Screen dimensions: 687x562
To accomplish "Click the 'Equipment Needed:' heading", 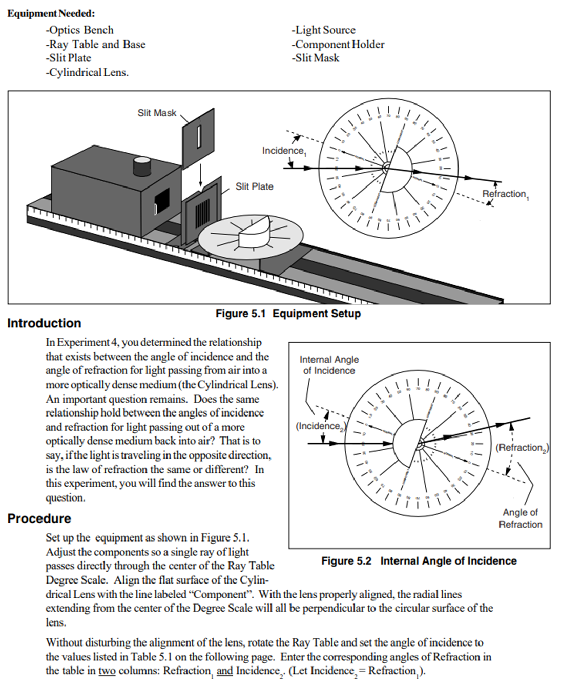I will click(x=51, y=14).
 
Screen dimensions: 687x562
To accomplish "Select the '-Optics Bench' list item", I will click(x=79, y=30).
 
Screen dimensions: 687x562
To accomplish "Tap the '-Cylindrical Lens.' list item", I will click(x=87, y=73).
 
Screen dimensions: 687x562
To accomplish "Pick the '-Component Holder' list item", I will click(x=338, y=45).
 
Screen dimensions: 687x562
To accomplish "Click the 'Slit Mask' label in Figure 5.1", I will click(x=157, y=113).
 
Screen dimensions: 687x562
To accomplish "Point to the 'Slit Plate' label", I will click(x=254, y=186).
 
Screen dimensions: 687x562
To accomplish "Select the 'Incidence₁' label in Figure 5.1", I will click(x=283, y=151).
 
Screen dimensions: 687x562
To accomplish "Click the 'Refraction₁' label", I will click(x=505, y=194).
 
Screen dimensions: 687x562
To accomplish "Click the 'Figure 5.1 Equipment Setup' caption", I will click(x=288, y=314).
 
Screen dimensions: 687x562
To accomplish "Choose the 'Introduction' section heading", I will click(x=44, y=323).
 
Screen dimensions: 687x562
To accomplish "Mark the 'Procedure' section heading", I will click(x=39, y=518).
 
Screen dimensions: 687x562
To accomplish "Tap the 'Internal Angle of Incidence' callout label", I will click(x=329, y=365).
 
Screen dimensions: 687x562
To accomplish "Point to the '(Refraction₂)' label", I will click(x=522, y=448).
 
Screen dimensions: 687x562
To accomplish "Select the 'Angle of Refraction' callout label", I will click(x=520, y=518).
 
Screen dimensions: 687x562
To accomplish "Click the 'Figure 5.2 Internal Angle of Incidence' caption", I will click(x=419, y=561).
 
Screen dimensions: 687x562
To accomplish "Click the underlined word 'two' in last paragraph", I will click(x=107, y=671).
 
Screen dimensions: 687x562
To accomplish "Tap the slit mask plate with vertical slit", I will click(x=198, y=136).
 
